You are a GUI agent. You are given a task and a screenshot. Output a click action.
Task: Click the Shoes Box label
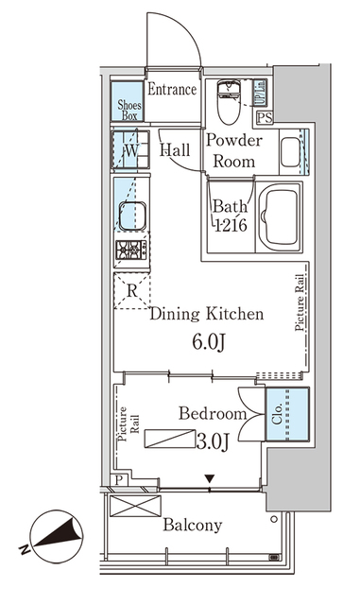pos(129,110)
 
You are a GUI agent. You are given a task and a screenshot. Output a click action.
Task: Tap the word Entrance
pos(172,90)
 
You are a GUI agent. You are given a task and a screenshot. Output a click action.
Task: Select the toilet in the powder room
pos(229,101)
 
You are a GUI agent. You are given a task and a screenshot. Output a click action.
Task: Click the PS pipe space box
pos(266,117)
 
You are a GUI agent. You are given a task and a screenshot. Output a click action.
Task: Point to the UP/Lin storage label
pos(260,93)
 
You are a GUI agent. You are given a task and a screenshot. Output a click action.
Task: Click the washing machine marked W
pos(130,150)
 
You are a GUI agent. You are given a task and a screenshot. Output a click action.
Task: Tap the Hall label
pos(175,149)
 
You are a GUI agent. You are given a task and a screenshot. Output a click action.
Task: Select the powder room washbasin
pos(290,152)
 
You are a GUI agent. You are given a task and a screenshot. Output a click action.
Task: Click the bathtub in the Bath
pos(280,217)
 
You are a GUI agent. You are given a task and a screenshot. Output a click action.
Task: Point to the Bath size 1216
pos(231,225)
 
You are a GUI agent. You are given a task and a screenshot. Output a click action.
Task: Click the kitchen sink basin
pos(132,216)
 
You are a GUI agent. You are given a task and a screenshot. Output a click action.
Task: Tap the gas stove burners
pos(131,250)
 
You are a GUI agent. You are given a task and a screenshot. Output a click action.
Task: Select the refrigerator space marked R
pos(132,290)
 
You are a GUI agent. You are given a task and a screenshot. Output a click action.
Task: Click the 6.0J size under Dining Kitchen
pos(209,342)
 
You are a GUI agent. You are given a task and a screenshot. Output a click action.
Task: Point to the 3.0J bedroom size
pos(213,441)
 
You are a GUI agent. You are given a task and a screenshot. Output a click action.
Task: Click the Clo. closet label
pos(277,414)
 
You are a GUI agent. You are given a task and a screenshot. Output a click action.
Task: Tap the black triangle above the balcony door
pos(210,479)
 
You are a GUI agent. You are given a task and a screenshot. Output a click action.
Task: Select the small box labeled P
pos(120,480)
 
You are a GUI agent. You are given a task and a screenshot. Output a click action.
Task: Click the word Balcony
pos(193,526)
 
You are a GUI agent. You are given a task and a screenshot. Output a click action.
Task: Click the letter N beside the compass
pos(25,549)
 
